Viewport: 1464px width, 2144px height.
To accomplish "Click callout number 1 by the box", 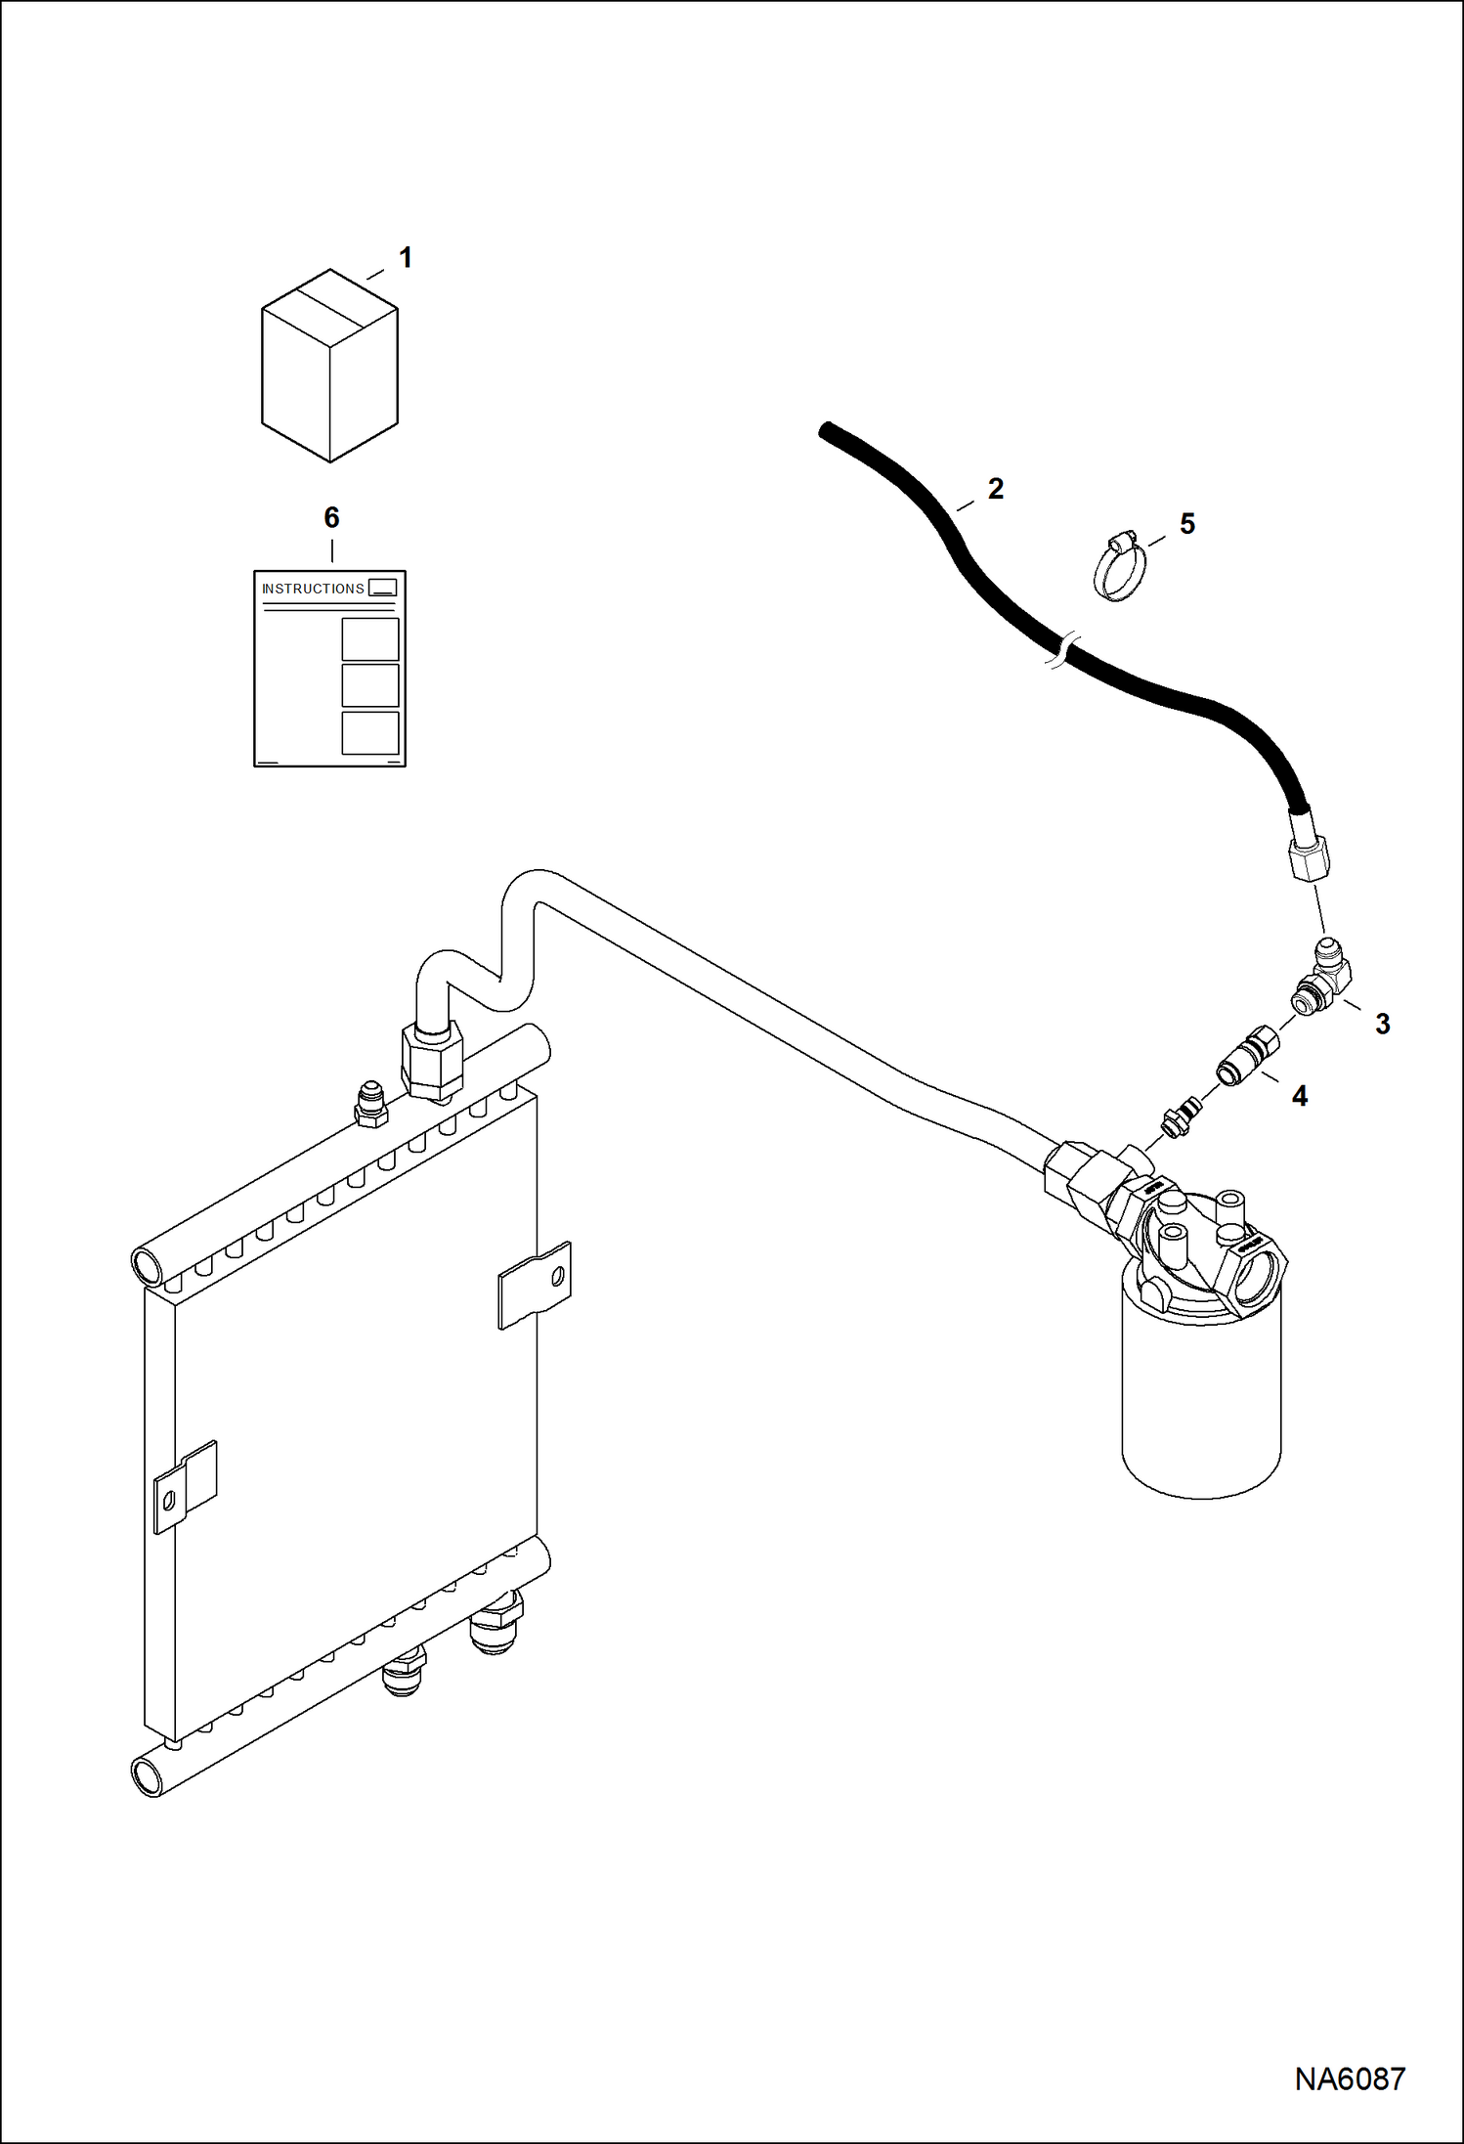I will (x=405, y=258).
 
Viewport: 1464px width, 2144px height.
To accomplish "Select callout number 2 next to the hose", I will (x=995, y=489).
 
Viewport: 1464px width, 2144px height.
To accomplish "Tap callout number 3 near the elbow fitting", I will (x=1382, y=1024).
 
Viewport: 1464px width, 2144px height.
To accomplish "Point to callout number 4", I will (x=1299, y=1096).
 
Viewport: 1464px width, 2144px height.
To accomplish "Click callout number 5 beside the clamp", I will (x=1186, y=524).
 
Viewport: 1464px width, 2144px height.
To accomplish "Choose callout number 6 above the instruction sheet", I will (x=331, y=517).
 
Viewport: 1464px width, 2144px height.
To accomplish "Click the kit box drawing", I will (x=329, y=367).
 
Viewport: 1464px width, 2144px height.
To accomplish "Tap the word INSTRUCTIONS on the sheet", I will (x=313, y=589).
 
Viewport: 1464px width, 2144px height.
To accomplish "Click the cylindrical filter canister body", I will (x=1200, y=1408).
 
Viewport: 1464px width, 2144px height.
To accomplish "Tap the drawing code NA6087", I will (x=1349, y=2078).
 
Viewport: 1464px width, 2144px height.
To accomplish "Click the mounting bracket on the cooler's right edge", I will (x=535, y=1286).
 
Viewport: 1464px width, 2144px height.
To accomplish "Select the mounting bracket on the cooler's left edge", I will (x=185, y=1485).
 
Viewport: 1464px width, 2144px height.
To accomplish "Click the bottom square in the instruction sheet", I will (x=369, y=732).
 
